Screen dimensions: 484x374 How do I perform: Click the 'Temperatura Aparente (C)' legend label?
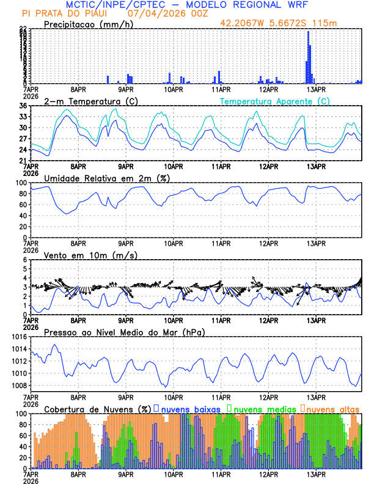click(x=274, y=101)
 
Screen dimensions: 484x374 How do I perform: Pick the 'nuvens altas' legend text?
click(x=332, y=408)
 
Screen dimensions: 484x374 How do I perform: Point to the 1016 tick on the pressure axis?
click(x=18, y=337)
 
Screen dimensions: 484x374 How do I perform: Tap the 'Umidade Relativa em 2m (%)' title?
click(x=108, y=178)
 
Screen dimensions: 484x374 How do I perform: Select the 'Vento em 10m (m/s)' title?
click(x=90, y=255)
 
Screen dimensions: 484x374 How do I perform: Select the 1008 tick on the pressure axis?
click(x=18, y=385)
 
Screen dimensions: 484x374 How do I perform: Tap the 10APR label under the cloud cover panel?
click(x=173, y=474)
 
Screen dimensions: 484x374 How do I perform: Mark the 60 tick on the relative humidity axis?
click(x=23, y=205)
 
